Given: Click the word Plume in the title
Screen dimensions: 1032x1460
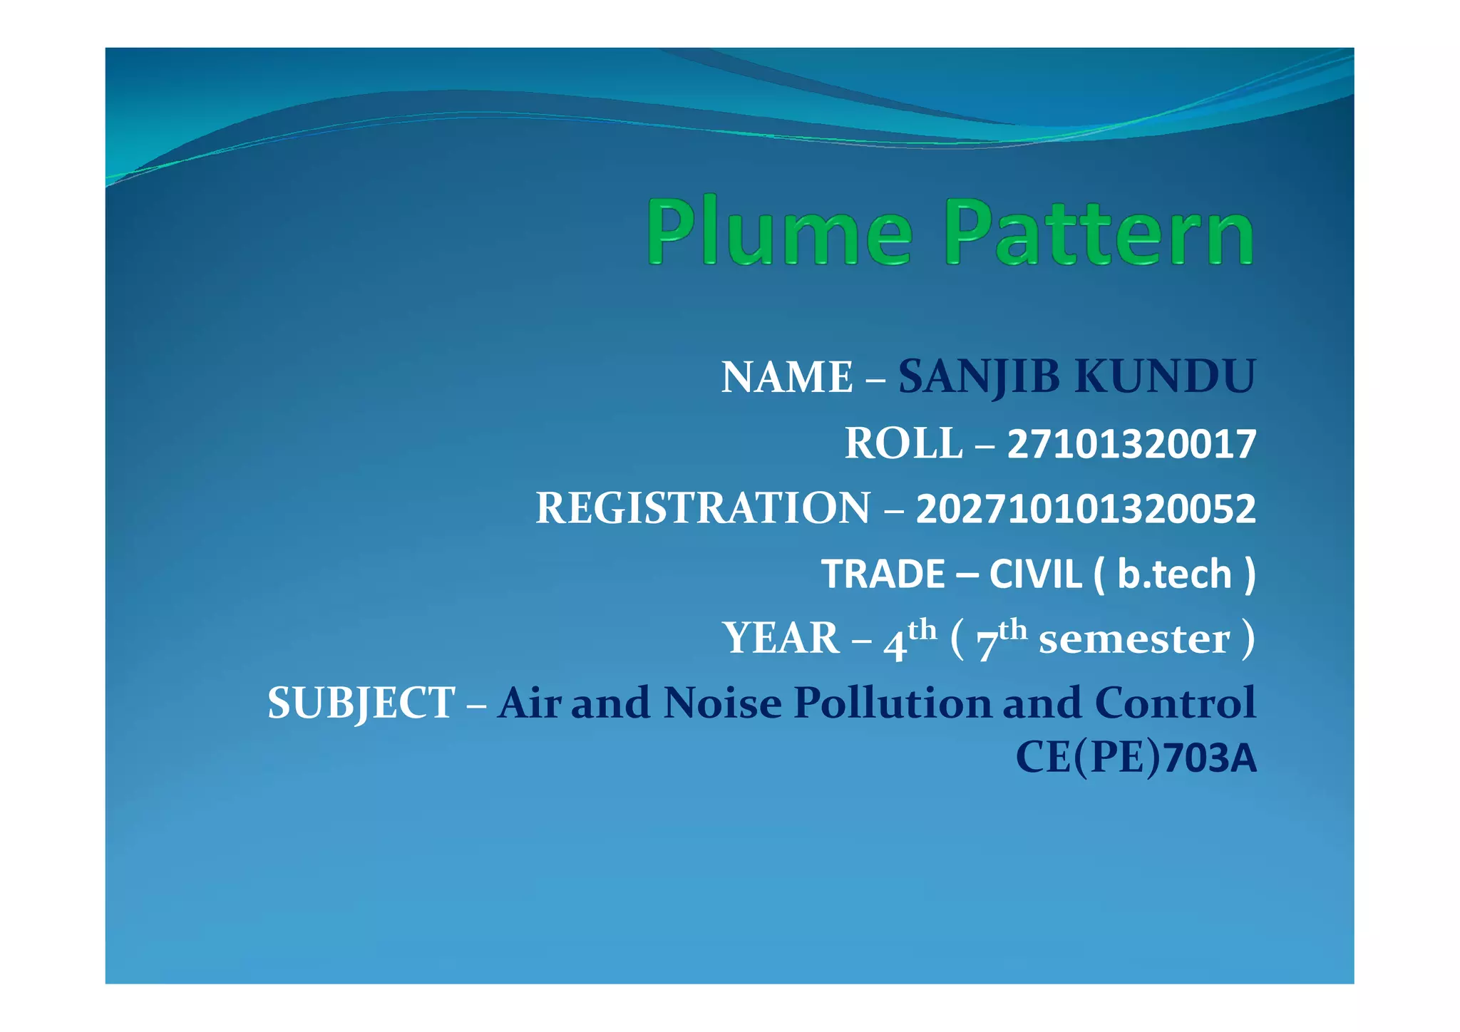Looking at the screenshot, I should pos(778,232).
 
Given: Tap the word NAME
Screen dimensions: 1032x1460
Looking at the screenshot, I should pos(787,377).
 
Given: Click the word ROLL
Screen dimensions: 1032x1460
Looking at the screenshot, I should pos(904,443).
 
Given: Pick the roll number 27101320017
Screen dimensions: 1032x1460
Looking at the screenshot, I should pos(1131,445).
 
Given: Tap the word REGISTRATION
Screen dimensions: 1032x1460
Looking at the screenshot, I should pos(703,508).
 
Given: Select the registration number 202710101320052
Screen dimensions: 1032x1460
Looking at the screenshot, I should pos(1086,510).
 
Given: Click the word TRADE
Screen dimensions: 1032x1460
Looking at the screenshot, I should pos(883,574).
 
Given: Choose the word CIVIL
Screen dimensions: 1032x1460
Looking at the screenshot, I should pos(1035,574).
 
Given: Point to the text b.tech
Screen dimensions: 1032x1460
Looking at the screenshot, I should pos(1174,574).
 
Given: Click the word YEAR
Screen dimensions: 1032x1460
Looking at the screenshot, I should pos(781,638).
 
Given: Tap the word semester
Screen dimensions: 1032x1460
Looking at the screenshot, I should pos(1134,639).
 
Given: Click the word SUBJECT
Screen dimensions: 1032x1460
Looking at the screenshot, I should pos(361,703).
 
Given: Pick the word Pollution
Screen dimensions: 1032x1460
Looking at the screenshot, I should pos(893,703).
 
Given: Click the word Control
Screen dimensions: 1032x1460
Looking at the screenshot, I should pos(1175,703).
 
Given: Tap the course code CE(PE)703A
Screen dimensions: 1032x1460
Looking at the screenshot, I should pos(1136,758).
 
